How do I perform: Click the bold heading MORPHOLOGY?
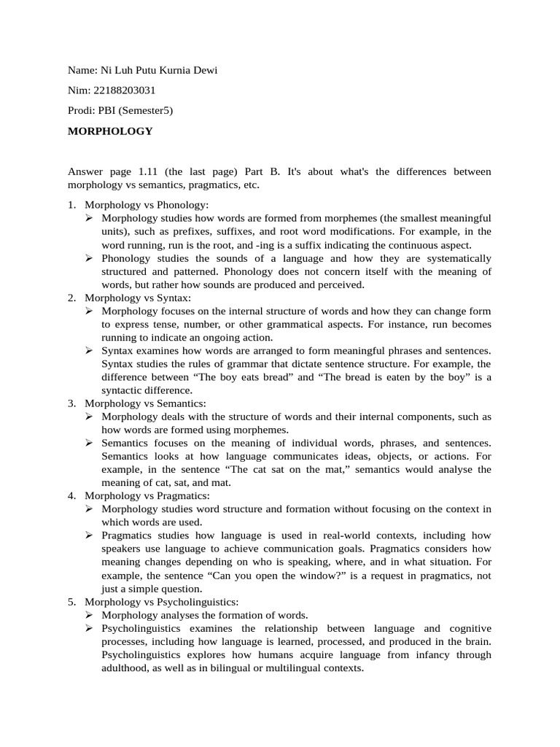click(x=110, y=131)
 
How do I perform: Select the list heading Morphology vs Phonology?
click(x=147, y=205)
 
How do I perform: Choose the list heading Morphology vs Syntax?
click(x=138, y=298)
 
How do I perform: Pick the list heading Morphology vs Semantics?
click(x=145, y=403)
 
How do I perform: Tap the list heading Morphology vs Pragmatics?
click(x=147, y=496)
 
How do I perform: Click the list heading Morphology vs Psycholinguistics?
click(x=161, y=602)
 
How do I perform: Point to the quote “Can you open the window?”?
click(x=271, y=576)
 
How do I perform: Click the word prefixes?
click(x=180, y=231)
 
